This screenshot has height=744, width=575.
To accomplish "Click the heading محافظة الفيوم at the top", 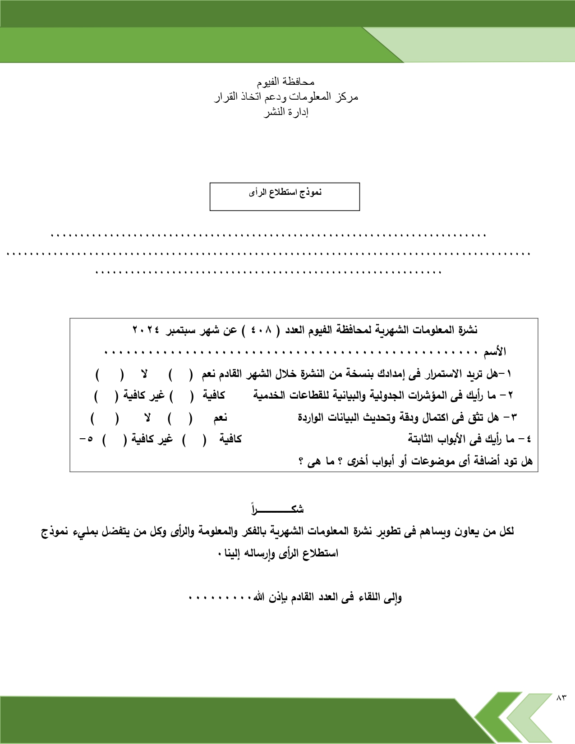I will click(x=285, y=82).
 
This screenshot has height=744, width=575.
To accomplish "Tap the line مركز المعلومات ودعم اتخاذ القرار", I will click(x=286, y=97).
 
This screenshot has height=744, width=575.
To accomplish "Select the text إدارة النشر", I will click(x=286, y=112).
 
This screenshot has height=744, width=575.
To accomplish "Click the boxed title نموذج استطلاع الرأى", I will click(x=285, y=193).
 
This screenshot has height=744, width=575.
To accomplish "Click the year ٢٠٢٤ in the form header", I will click(x=146, y=330).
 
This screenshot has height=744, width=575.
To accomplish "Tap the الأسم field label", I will click(x=495, y=352).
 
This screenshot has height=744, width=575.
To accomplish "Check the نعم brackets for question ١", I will click(x=180, y=374).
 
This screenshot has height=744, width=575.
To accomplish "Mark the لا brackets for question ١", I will click(x=109, y=374).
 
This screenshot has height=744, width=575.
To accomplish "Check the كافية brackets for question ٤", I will click(x=194, y=439).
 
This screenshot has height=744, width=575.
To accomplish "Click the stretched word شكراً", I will click(x=278, y=510).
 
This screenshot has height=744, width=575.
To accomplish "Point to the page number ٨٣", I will click(x=561, y=698).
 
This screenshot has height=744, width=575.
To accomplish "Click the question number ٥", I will click(x=90, y=439).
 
